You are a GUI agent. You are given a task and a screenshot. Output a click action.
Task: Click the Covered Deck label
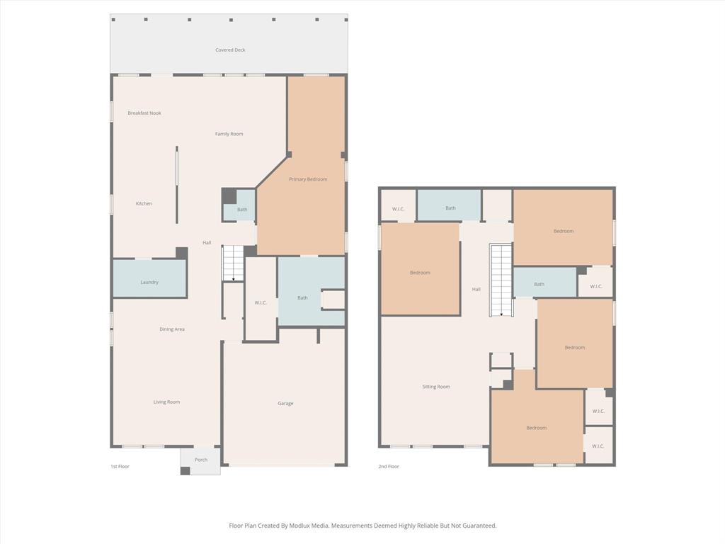pos(230,50)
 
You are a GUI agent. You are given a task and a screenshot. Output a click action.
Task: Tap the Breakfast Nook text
pos(144,113)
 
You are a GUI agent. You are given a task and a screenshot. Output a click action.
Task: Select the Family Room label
pos(229,134)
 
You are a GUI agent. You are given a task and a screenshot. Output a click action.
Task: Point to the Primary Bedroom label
pos(308,179)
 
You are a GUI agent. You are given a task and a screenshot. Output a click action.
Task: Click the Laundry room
pos(149,282)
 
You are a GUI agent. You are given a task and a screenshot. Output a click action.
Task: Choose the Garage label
pos(285,404)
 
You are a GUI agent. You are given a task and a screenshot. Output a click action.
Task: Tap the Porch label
pos(201,460)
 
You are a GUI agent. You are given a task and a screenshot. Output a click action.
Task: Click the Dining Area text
pos(172,329)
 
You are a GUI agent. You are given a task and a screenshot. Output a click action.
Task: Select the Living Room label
pos(166,402)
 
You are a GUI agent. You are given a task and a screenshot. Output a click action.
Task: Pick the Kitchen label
pos(144,204)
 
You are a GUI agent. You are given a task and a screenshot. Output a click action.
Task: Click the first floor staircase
pos(233,263)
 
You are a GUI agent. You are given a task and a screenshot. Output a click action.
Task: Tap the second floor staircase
pos(501,280)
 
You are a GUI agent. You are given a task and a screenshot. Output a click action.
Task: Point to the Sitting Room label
pos(436,387)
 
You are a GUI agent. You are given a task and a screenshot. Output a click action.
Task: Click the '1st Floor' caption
pos(120,467)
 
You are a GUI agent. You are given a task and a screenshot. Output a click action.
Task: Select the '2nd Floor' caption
pos(389,467)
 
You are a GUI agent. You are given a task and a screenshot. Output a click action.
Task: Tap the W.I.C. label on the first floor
pos(261,303)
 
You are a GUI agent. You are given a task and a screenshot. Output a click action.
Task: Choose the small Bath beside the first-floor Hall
pos(242,210)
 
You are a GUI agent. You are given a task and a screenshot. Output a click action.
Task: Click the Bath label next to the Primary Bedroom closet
pos(302,298)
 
